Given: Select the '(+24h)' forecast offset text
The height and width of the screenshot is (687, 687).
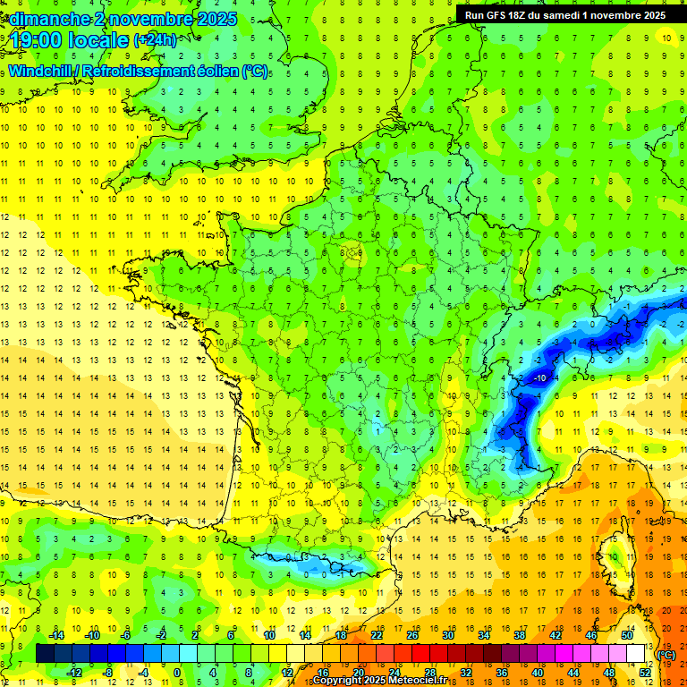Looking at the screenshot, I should pyautogui.click(x=155, y=40).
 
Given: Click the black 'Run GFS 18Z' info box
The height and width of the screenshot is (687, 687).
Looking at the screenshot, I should pyautogui.click(x=564, y=14).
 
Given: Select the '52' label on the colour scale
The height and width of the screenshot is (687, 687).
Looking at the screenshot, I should pyautogui.click(x=645, y=672).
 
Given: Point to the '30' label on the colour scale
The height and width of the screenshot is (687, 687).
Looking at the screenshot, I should pyautogui.click(x=447, y=635).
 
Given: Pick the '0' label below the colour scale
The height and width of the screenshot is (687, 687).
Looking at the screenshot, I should pyautogui.click(x=177, y=672).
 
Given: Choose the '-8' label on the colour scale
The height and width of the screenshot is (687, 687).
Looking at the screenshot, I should pyautogui.click(x=107, y=672).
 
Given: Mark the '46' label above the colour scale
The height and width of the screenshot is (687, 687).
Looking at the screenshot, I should pyautogui.click(x=590, y=635).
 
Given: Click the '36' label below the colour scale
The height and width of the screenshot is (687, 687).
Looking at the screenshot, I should pyautogui.click(x=501, y=672).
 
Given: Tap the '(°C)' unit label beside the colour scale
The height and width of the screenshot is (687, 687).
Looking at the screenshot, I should pyautogui.click(x=666, y=655).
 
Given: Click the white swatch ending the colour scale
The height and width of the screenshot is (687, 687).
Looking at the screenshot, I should pyautogui.click(x=636, y=654).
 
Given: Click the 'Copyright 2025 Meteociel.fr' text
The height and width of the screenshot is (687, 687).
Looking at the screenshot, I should pyautogui.click(x=379, y=681).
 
